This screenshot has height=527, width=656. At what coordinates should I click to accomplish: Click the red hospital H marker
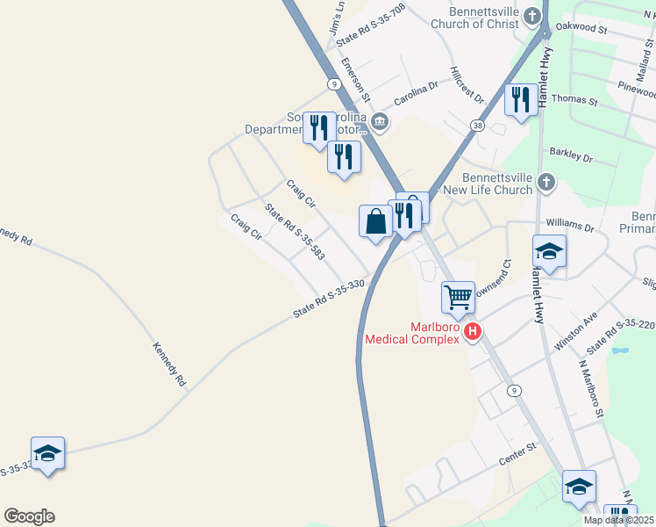pyautogui.click(x=473, y=331)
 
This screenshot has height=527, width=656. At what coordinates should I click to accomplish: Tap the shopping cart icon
pyautogui.click(x=458, y=298)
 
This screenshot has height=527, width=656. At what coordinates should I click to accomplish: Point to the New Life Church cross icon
pyautogui.click(x=545, y=182)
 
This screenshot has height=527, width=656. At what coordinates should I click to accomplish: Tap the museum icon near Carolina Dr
pyautogui.click(x=380, y=121)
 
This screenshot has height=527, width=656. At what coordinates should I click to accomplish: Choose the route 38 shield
pyautogui.click(x=476, y=126)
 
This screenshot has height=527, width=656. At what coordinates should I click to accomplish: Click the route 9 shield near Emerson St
pyautogui.click(x=333, y=83)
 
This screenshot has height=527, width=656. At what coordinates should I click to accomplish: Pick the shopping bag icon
pyautogui.click(x=375, y=220)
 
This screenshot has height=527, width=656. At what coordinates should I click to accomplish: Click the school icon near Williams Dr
pyautogui.click(x=549, y=251)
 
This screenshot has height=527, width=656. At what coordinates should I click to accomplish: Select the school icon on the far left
pyautogui.click(x=47, y=452)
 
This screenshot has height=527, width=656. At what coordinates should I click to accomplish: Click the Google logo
pyautogui.click(x=29, y=516)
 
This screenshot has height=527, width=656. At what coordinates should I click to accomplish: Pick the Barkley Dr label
pyautogui.click(x=571, y=155)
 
